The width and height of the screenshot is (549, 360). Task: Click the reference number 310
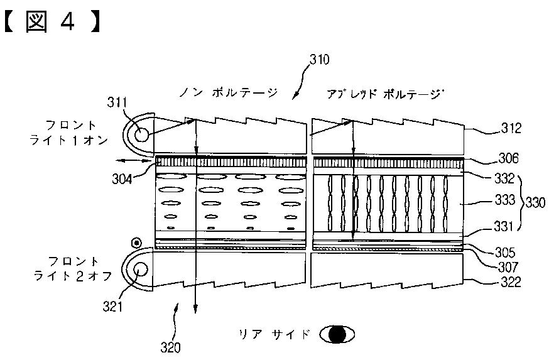pyautogui.click(x=319, y=60)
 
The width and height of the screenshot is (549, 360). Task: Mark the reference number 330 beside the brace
pyautogui.click(x=535, y=202)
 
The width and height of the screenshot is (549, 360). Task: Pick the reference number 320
pyautogui.click(x=170, y=347)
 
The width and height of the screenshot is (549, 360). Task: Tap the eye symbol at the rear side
pyautogui.click(x=337, y=334)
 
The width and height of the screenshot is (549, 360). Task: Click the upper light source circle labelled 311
pyautogui.click(x=140, y=134)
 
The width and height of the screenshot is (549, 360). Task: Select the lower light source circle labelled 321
pyautogui.click(x=140, y=269)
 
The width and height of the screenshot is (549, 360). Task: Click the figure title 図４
pyautogui.click(x=50, y=21)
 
